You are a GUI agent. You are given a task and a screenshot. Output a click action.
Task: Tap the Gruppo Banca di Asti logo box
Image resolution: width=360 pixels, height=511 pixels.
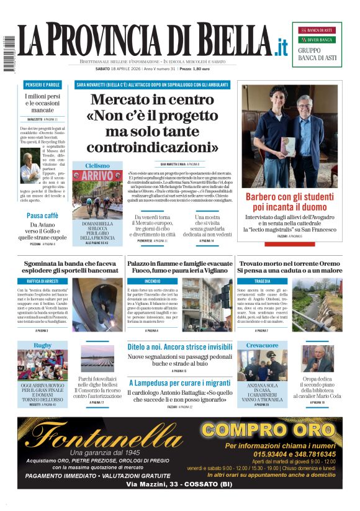click(x=317, y=45)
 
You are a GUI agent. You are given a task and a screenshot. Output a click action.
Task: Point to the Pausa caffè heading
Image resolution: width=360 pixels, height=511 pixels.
click(x=43, y=215)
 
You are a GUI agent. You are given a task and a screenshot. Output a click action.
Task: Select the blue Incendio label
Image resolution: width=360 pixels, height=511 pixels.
click(x=152, y=281)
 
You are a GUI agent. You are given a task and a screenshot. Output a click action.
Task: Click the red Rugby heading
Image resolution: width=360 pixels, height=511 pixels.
click(x=43, y=345)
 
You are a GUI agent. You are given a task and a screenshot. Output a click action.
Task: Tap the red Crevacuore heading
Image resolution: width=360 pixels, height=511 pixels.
click(x=262, y=345)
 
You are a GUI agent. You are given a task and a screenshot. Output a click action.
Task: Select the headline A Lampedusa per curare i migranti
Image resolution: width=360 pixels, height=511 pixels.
click(x=180, y=382)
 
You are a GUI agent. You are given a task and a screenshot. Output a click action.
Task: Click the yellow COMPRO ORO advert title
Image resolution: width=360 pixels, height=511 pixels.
click(x=268, y=429)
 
